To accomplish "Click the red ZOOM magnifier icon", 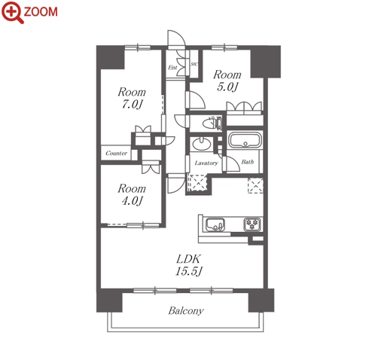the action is click(x=12, y=12).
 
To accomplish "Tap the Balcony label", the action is click(x=186, y=311).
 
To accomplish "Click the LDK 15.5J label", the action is click(x=188, y=265).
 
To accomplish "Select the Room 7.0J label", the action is click(x=132, y=98).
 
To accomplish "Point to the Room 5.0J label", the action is click(x=227, y=81).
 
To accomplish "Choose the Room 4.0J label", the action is click(x=132, y=194).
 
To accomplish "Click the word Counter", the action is click(x=116, y=153).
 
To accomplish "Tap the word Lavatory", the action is click(x=206, y=163).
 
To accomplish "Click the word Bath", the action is click(x=248, y=162).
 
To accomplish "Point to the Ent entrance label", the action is click(x=172, y=67).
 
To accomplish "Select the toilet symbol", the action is click(x=212, y=124).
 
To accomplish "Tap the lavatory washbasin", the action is click(x=201, y=144).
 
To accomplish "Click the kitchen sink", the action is click(x=215, y=224).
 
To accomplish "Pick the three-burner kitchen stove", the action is click(x=252, y=224).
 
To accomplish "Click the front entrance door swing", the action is click(x=176, y=39).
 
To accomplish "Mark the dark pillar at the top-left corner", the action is click(x=111, y=57).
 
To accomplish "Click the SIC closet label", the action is click(x=194, y=64).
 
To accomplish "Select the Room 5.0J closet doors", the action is click(x=244, y=107).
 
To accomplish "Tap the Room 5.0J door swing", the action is click(x=196, y=99).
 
